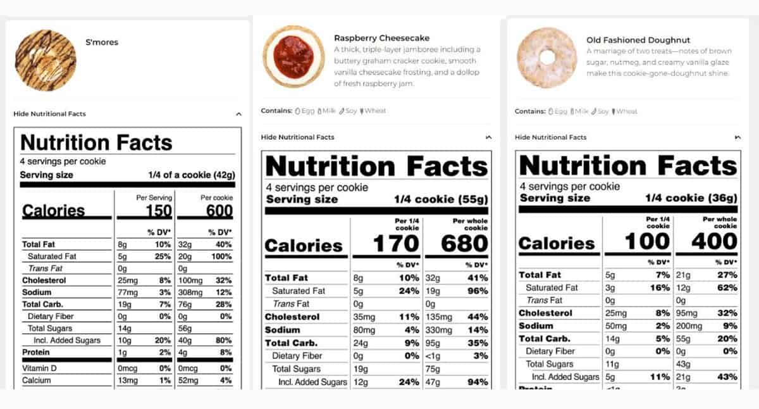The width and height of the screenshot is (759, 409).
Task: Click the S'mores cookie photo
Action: [45, 60]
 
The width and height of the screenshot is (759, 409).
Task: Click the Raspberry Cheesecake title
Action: [381, 38]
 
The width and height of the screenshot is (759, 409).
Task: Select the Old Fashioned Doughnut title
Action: [638, 40]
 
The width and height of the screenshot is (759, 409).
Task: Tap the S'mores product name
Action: [102, 42]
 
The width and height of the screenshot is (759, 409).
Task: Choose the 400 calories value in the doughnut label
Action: [713, 241]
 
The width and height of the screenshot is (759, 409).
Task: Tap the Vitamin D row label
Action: [39, 368]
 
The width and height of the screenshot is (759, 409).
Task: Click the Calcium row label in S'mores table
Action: [37, 381]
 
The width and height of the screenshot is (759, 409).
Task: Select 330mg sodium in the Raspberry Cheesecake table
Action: [438, 330]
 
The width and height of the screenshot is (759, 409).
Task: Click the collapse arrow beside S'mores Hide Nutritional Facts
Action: [238, 114]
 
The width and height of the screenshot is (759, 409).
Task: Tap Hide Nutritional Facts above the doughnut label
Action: [550, 137]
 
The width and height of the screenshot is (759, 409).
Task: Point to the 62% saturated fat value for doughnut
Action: [727, 287]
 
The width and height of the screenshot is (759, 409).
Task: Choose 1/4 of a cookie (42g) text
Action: [192, 175]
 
